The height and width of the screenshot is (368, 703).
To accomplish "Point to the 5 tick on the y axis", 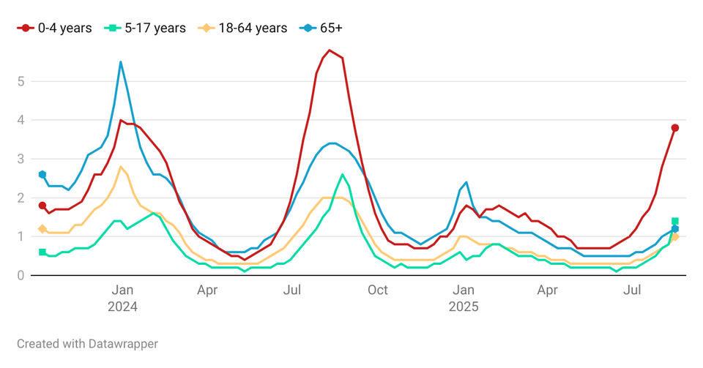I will click(x=21, y=81).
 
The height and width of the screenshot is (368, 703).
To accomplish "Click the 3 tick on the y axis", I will click(x=21, y=159).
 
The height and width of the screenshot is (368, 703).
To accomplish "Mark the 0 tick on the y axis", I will click(x=21, y=275).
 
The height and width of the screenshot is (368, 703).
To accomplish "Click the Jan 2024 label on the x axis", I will click(x=122, y=298).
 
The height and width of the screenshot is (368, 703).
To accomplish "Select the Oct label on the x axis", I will click(x=377, y=290).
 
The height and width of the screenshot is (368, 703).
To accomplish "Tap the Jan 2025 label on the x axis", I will click(x=464, y=298).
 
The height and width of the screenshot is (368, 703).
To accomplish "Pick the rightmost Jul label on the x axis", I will click(x=633, y=290).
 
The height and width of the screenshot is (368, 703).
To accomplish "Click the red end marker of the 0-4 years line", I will click(x=675, y=128).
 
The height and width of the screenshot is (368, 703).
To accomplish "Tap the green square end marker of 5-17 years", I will click(x=675, y=221).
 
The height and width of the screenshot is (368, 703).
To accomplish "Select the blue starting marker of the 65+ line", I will click(x=42, y=174).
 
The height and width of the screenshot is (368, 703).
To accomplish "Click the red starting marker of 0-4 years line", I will click(x=42, y=206).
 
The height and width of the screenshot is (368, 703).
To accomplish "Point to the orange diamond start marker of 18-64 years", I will click(x=42, y=229).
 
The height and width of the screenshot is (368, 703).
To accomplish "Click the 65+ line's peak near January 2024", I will click(x=121, y=62).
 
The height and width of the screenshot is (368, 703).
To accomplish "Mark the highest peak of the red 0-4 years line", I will click(x=330, y=50).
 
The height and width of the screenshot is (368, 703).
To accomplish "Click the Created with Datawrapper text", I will click(x=87, y=343).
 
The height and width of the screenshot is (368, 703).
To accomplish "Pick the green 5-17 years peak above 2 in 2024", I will click(x=342, y=174).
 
